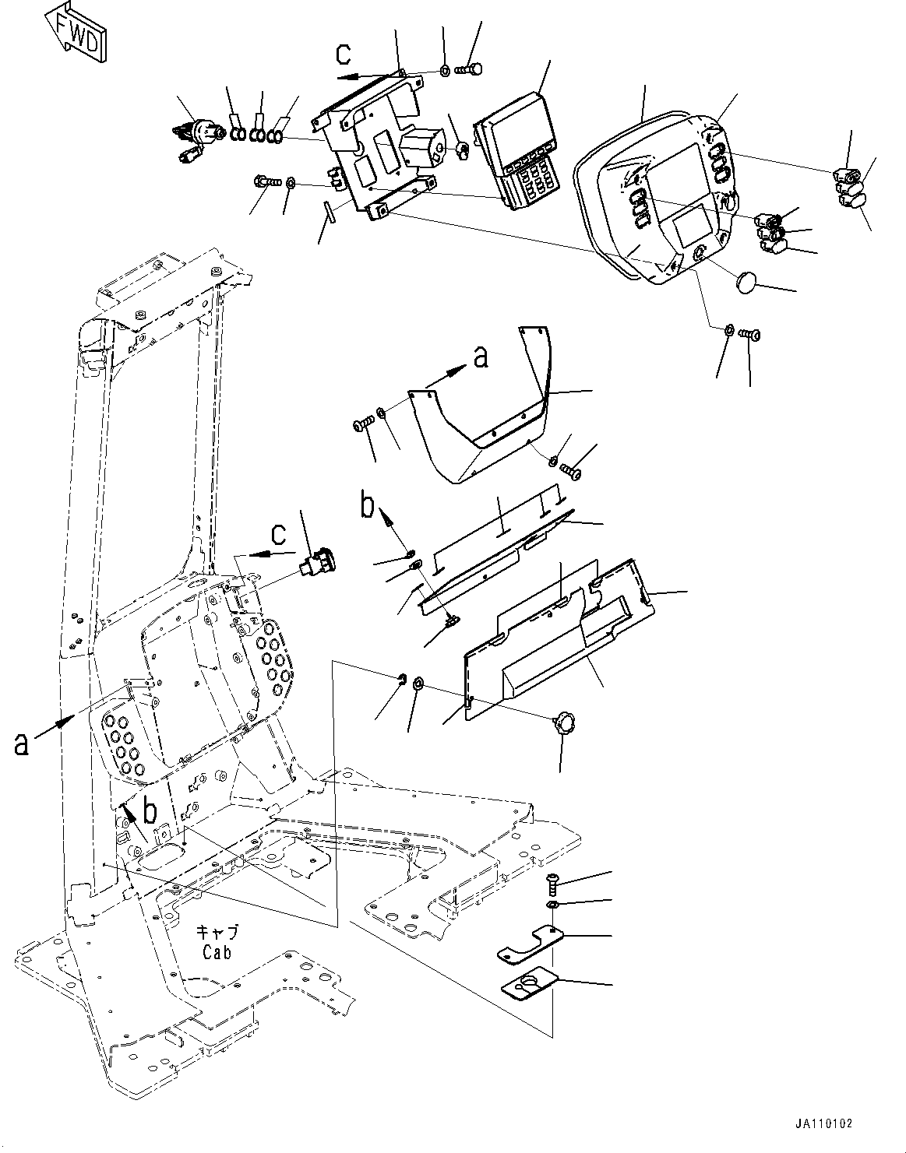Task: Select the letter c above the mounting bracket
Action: click(x=344, y=54)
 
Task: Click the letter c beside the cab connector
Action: click(x=278, y=535)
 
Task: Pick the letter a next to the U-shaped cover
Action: click(x=481, y=357)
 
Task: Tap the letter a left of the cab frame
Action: click(x=21, y=743)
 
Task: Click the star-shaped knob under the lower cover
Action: click(x=563, y=724)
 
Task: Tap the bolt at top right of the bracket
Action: click(x=470, y=70)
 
